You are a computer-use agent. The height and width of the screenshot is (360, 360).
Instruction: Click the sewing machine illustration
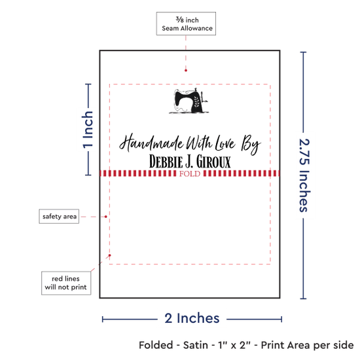[x=189, y=101]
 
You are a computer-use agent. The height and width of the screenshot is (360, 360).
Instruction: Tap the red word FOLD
[x=190, y=173]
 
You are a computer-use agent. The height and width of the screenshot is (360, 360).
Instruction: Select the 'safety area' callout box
[x=59, y=216]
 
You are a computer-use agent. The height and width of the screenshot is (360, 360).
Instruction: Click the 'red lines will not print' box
[x=66, y=283]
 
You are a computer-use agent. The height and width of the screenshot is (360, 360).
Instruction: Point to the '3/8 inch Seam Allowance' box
[x=186, y=24]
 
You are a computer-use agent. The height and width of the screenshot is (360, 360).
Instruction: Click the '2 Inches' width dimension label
[x=192, y=319]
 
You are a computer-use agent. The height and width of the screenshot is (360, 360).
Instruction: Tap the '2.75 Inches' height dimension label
[x=304, y=175]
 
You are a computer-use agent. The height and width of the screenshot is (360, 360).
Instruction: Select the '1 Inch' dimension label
[x=88, y=130]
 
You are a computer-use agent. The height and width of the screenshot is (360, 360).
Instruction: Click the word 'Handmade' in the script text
[x=152, y=143]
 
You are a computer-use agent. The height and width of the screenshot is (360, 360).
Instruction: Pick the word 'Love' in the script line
[x=225, y=143]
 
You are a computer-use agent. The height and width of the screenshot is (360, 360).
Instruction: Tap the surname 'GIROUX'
[x=213, y=162]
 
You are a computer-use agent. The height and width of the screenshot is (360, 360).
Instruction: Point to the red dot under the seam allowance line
[x=186, y=71]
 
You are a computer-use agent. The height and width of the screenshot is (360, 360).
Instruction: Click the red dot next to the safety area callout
[x=106, y=217]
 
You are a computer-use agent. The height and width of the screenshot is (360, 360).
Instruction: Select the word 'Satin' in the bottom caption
[x=196, y=345]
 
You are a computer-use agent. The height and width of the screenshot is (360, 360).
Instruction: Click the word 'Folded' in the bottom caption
[x=156, y=345]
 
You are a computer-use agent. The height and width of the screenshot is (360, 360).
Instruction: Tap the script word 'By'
[x=251, y=145]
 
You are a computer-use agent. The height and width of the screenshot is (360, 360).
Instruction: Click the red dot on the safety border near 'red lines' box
[x=110, y=255]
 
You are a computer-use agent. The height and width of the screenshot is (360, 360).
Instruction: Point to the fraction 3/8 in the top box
[x=180, y=20]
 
